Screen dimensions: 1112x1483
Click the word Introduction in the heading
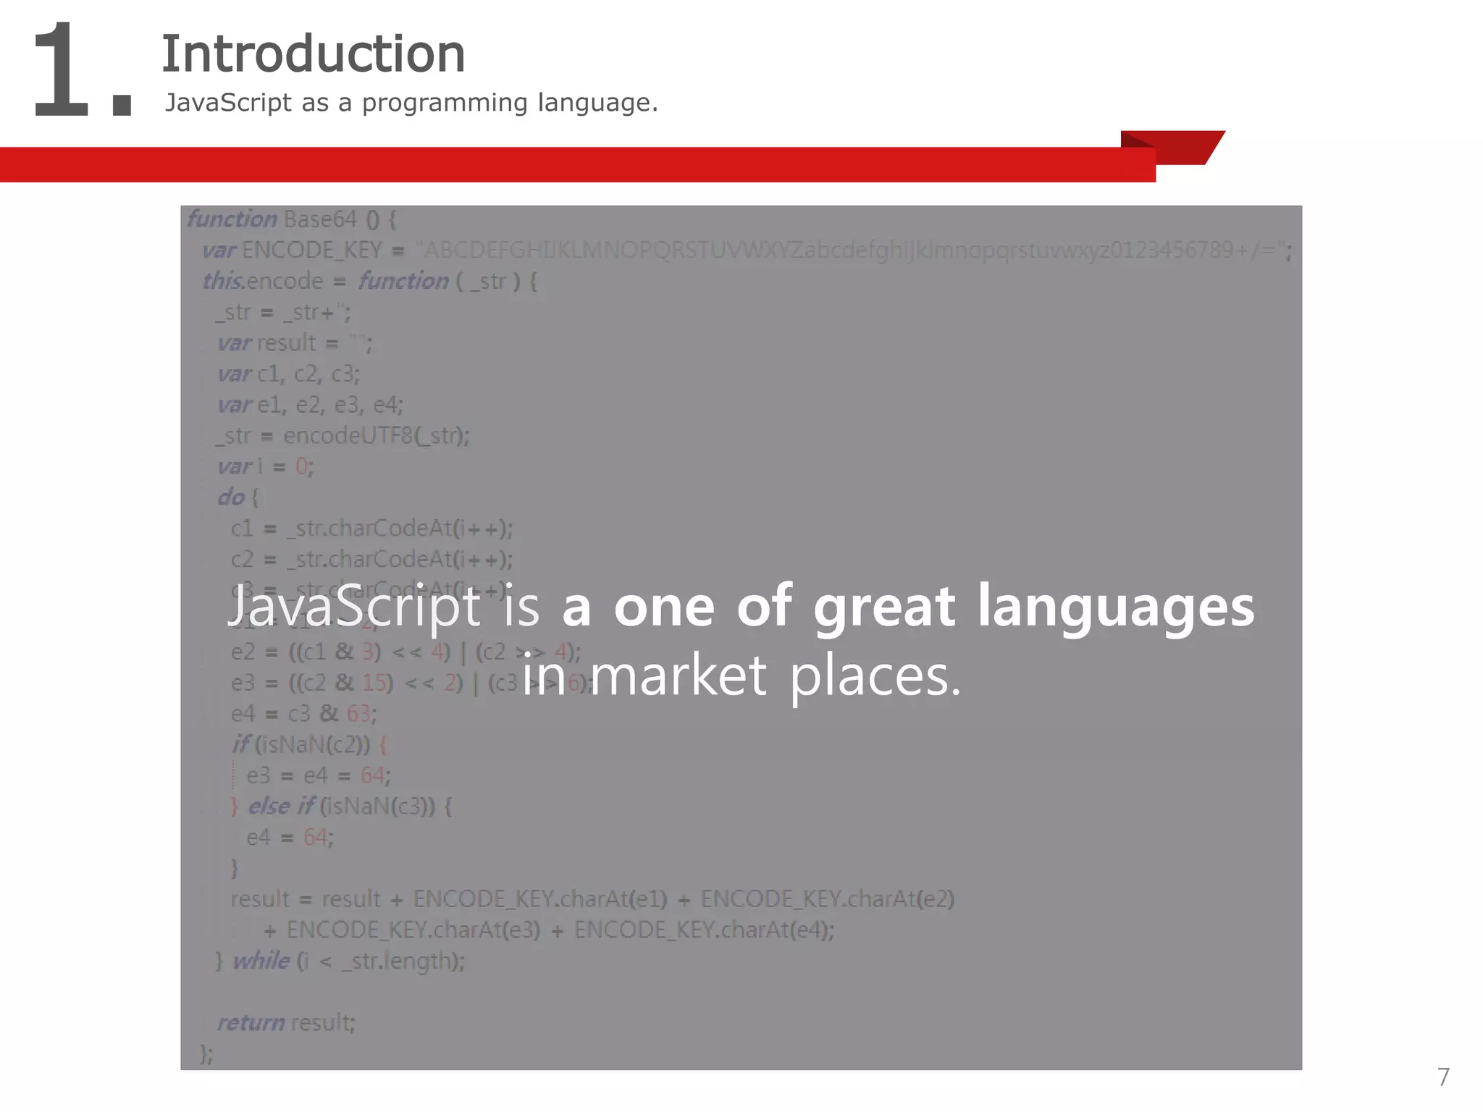tap(313, 54)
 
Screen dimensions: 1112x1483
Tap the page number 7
tap(1443, 1077)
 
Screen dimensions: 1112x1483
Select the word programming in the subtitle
tap(445, 104)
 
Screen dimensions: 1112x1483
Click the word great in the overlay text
tap(884, 607)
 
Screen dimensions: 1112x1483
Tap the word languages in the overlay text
tap(1116, 608)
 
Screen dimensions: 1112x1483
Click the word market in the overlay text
tap(679, 675)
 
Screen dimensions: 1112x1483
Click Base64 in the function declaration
tap(321, 219)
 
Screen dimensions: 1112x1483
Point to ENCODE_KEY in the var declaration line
tap(311, 250)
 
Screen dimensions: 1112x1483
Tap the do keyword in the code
tap(231, 497)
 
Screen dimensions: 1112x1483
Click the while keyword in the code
tap(261, 961)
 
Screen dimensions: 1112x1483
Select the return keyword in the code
tap(251, 1022)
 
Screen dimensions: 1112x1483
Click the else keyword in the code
tap(269, 806)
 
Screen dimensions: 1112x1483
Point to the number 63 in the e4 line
tap(358, 714)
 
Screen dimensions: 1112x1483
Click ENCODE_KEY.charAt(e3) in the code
tap(413, 930)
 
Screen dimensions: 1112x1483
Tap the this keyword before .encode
tap(222, 281)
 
